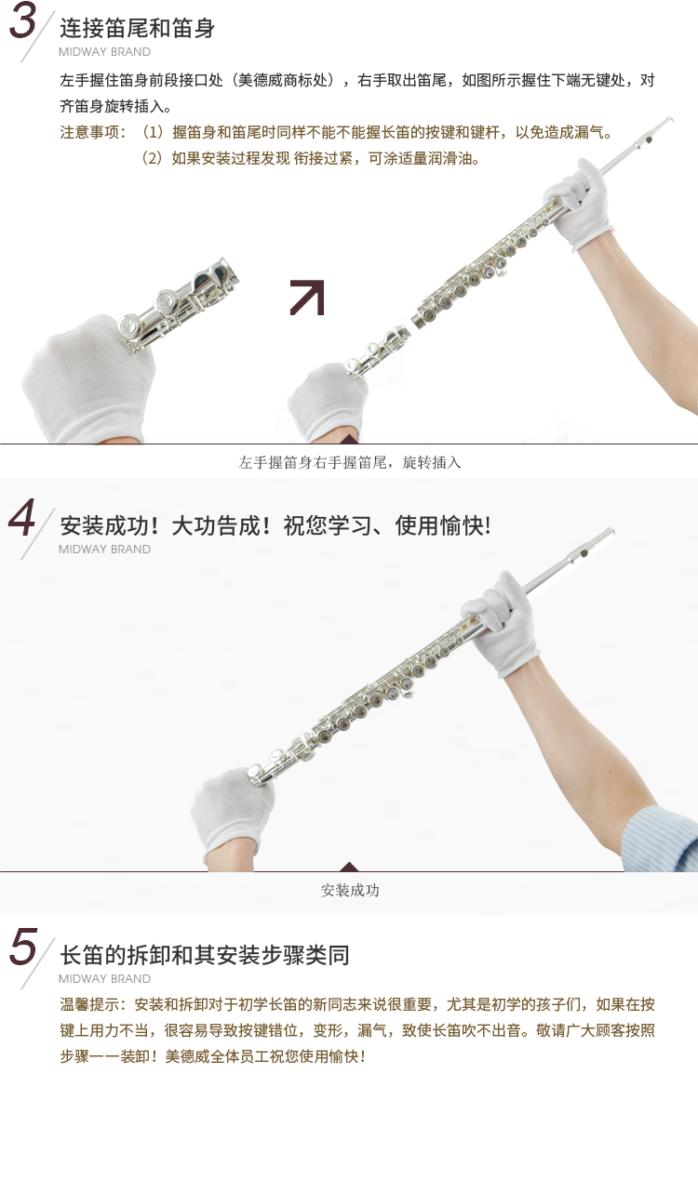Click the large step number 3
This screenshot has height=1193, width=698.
tap(23, 21)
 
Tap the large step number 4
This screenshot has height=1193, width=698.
tap(21, 518)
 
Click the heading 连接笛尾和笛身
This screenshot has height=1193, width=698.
tap(137, 28)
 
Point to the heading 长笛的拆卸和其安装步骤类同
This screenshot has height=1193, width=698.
tap(204, 955)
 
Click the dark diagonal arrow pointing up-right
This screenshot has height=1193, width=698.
tap(307, 298)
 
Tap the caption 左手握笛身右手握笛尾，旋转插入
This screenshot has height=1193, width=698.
tap(350, 462)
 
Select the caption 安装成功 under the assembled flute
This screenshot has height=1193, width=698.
tap(350, 890)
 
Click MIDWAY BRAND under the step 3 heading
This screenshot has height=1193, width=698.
tap(104, 52)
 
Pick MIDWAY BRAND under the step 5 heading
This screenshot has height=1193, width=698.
tap(104, 979)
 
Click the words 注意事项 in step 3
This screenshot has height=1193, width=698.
tap(89, 132)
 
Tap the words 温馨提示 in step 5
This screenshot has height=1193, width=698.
tap(89, 1004)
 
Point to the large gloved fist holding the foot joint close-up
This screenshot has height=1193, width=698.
tap(88, 378)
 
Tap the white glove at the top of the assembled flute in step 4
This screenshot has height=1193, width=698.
tap(502, 624)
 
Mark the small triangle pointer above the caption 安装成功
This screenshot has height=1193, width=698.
tap(349, 866)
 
